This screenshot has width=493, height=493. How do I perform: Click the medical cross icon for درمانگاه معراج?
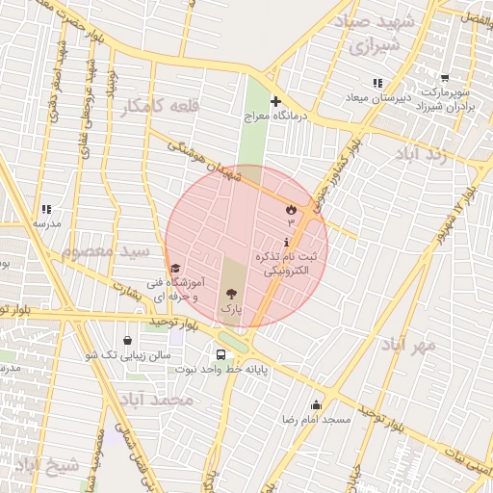pyautogui.click(x=275, y=101)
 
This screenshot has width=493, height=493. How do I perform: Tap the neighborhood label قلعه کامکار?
pyautogui.click(x=158, y=106)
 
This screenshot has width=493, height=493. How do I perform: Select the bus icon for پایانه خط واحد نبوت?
pyautogui.click(x=221, y=354)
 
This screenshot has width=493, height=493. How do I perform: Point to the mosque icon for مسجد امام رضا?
pyautogui.click(x=316, y=404)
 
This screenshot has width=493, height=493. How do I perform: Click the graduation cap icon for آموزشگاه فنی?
pyautogui.click(x=174, y=269)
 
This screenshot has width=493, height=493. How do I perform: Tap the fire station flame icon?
pyautogui.click(x=291, y=209)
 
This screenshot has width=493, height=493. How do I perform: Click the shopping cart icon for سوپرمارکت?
pyautogui.click(x=445, y=79)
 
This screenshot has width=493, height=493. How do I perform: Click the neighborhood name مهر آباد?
pyautogui.click(x=407, y=344)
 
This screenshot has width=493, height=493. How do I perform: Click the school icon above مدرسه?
pyautogui.click(x=46, y=209)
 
